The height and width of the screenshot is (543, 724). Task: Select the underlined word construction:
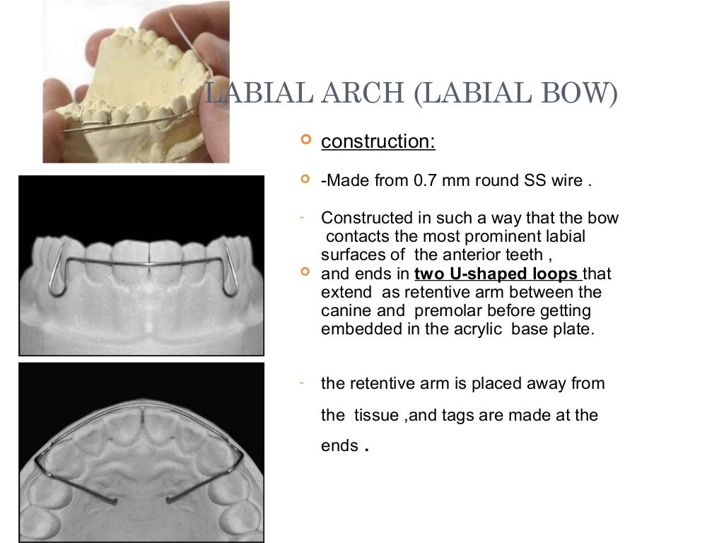point(378,141)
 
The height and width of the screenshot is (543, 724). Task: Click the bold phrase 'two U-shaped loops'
point(498,274)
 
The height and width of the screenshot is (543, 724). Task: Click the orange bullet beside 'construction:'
point(305,141)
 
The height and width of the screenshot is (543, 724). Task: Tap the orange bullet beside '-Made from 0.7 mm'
point(305,180)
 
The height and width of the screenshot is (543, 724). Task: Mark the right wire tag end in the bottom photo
point(170,501)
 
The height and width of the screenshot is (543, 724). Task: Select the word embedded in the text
point(356,329)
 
